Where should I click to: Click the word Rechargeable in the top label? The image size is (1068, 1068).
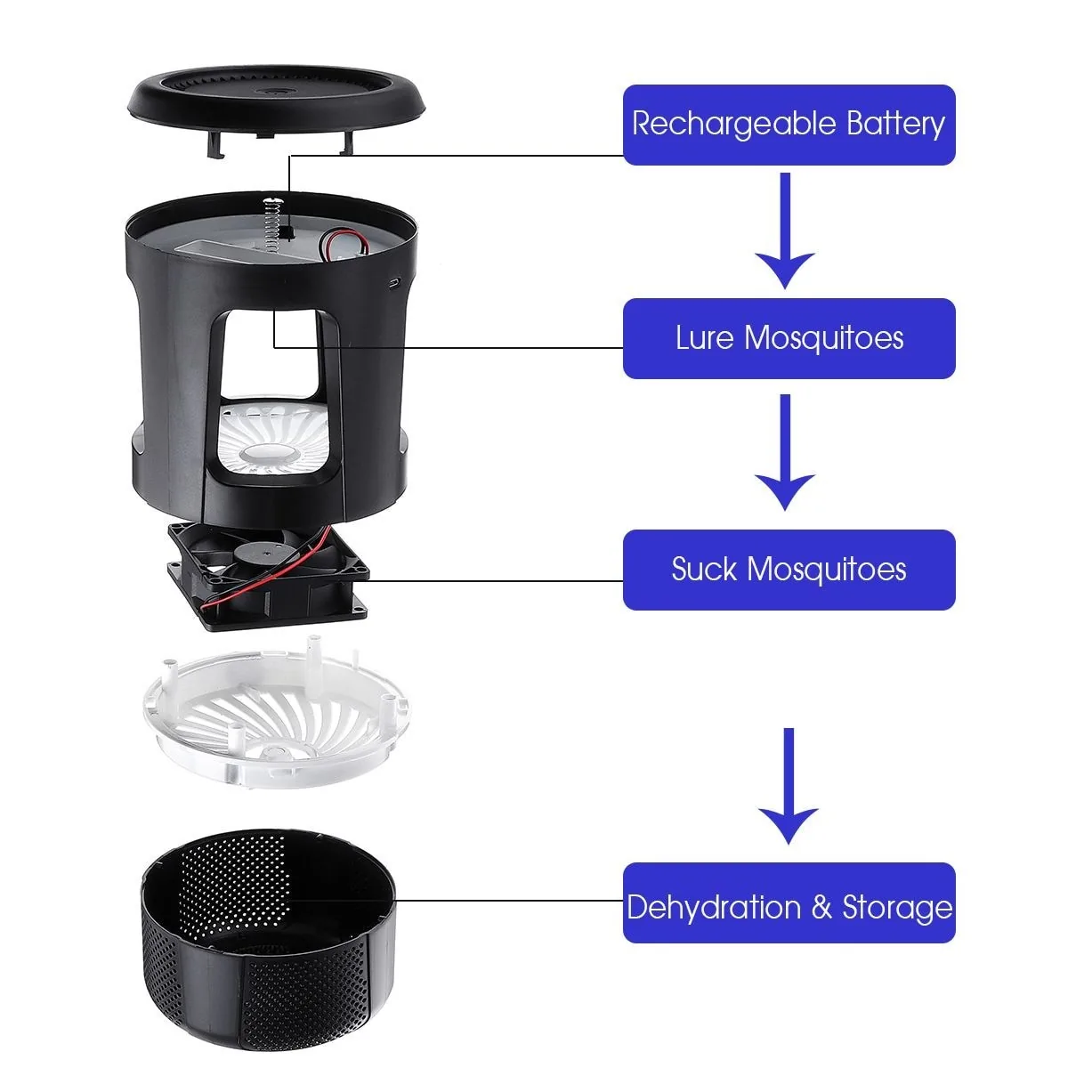point(733,124)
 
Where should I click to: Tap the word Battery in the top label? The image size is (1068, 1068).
point(894,124)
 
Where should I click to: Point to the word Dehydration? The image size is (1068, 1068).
point(714,908)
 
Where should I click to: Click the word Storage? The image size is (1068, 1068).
point(897,908)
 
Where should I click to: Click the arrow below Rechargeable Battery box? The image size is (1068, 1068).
point(785,231)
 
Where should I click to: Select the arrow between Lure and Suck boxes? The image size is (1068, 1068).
point(785,452)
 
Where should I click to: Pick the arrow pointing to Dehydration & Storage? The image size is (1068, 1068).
point(789,786)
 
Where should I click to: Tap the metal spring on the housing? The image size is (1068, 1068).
point(271,223)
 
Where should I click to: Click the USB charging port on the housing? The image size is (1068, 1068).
point(394,284)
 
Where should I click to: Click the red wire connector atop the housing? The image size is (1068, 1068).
point(343,242)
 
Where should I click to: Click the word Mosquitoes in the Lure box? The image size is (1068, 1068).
point(823,338)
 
